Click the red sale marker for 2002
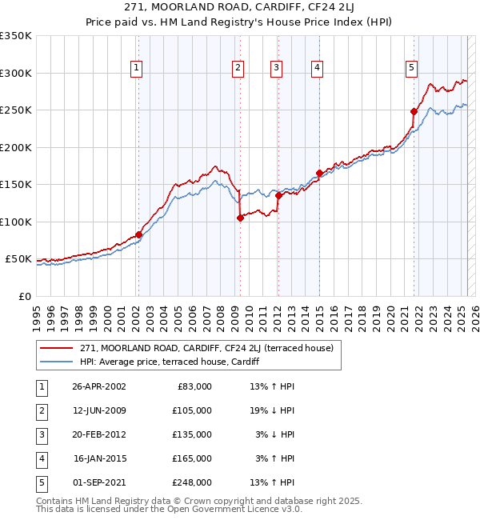138,234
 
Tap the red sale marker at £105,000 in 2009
240,218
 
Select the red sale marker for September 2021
414,111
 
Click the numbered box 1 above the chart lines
138,69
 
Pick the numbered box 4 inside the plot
318,69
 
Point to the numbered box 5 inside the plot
411,69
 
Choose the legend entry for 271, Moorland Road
211,348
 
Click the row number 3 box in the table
40,434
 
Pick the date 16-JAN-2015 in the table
99,458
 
